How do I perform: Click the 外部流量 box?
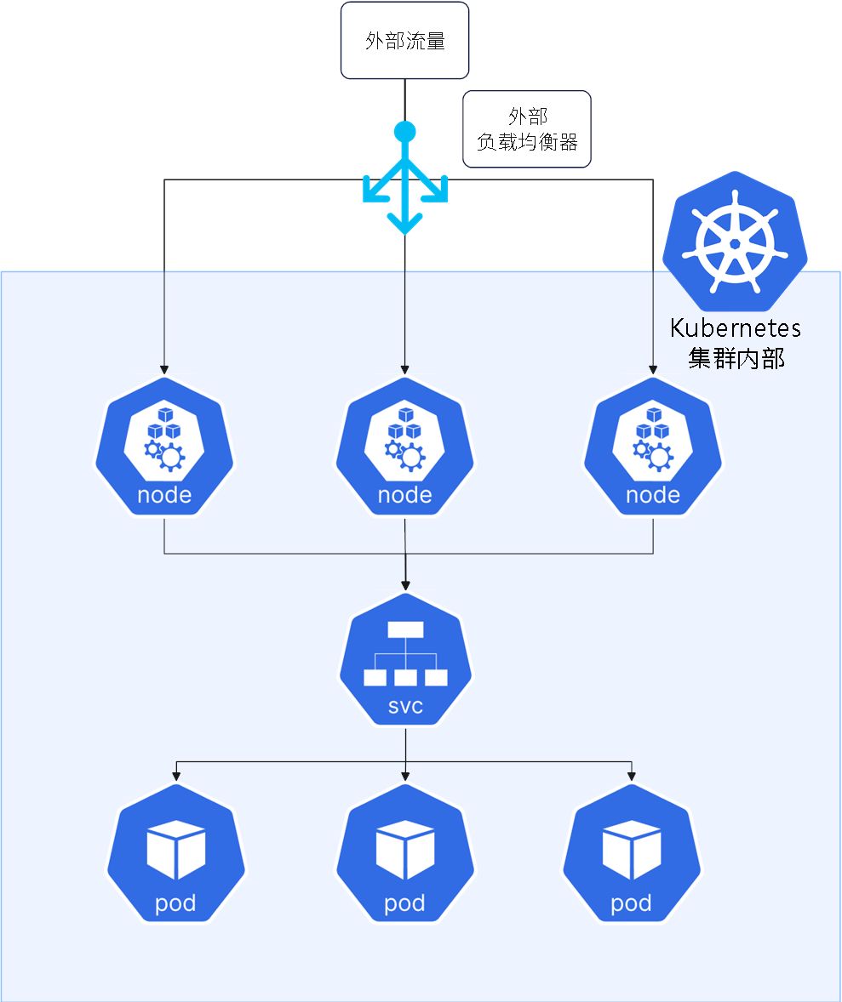404,41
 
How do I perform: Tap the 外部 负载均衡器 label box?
526,129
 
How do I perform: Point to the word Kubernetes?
736,328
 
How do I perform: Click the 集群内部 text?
736,358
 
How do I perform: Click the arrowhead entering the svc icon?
405,585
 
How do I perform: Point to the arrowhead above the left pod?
176,775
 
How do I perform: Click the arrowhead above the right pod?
632,775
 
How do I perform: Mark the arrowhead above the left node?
164,370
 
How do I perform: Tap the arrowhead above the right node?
653,370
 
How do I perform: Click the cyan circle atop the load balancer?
404,132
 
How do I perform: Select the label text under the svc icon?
405,706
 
